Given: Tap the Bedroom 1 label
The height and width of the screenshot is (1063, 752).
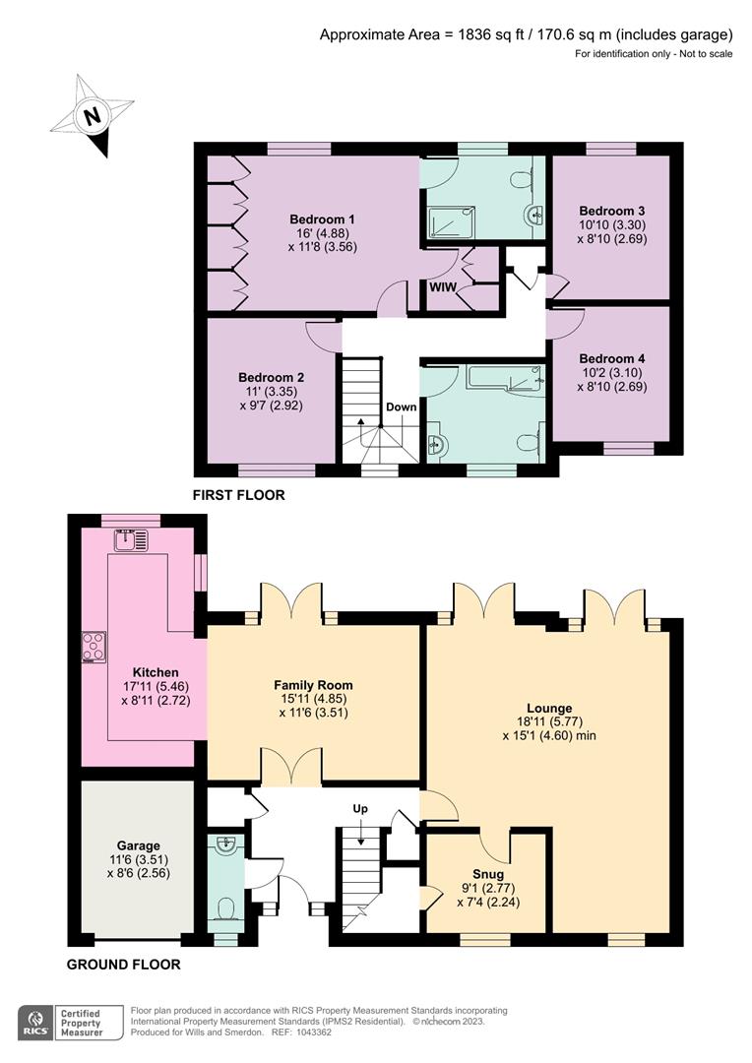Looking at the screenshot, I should click(322, 219).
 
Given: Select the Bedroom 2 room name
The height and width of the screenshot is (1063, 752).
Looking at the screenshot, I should click(271, 377).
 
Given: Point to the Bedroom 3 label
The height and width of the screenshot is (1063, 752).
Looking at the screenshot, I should click(612, 211).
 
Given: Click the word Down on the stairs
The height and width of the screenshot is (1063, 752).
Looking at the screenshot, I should click(401, 406).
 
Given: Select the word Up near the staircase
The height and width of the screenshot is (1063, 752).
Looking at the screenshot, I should click(360, 808).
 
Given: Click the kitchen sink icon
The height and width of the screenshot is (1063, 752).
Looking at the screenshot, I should click(131, 538).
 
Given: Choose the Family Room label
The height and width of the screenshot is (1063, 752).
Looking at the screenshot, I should click(313, 685).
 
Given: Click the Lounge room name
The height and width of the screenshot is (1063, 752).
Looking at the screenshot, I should click(548, 707).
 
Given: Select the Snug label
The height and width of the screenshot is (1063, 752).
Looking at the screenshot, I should click(487, 874).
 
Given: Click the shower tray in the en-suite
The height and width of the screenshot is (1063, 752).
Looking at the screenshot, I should click(451, 222).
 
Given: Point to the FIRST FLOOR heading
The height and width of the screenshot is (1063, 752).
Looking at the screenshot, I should click(239, 495).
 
